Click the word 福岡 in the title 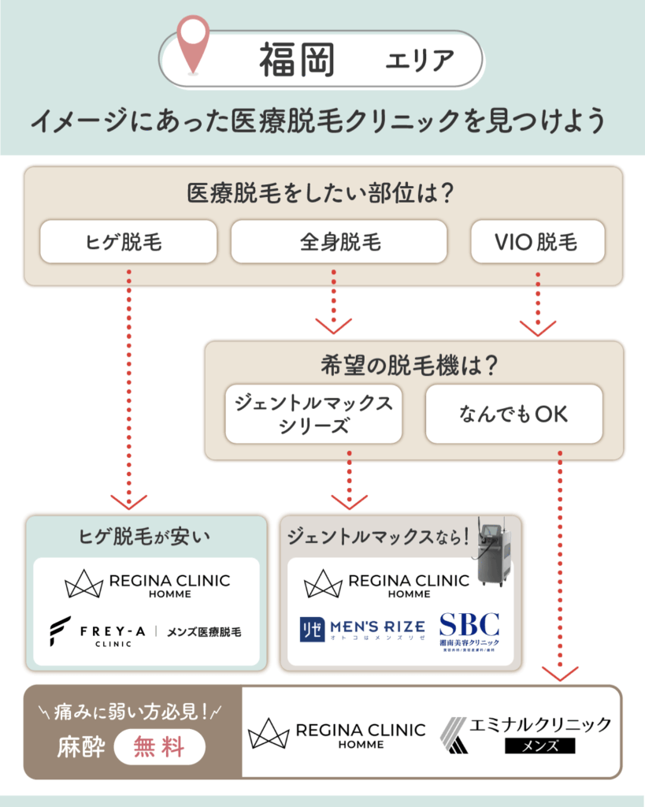[296, 60]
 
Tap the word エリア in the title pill [420, 61]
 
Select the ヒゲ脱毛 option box [128, 241]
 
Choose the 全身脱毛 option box [339, 241]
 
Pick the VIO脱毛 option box [537, 241]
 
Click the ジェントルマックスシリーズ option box [313, 414]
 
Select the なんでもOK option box [513, 414]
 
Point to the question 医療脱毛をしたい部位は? [323, 193]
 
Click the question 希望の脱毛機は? [413, 366]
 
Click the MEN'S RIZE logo [361, 628]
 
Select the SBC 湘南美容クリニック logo [469, 632]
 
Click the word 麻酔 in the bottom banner [80, 746]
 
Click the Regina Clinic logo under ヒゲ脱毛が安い [146, 584]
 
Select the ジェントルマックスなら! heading [378, 537]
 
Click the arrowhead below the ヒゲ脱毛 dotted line [128, 501]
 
